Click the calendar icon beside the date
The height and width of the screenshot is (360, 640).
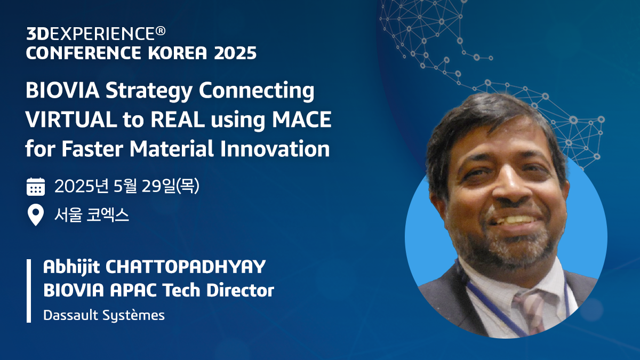(36, 187)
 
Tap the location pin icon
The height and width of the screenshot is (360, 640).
(35, 215)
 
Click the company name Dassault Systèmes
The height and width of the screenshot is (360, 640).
(104, 315)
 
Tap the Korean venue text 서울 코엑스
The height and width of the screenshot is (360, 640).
(92, 215)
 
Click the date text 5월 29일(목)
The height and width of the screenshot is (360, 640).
(157, 187)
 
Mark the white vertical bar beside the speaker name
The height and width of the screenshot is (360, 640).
(29, 291)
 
